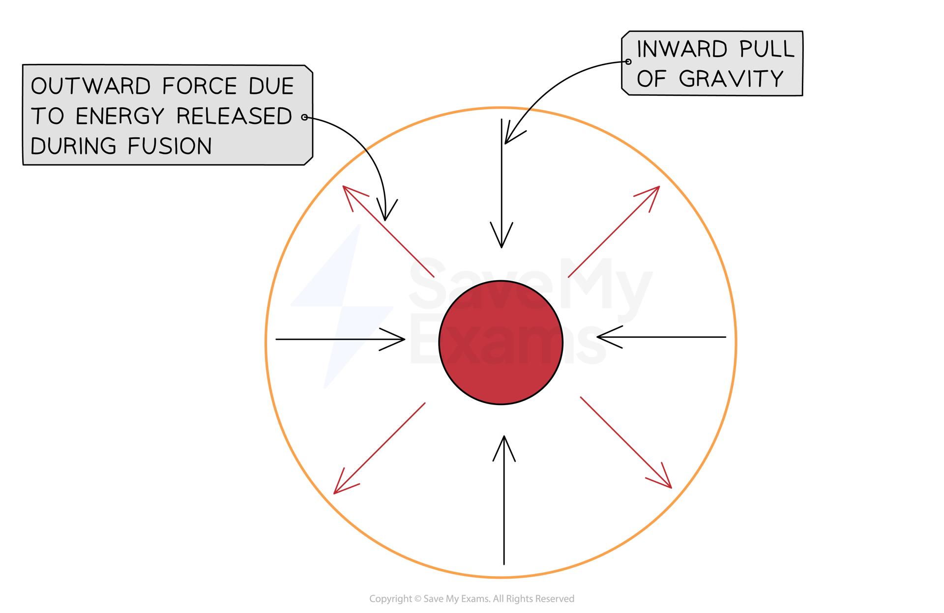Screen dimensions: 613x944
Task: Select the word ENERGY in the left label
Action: tap(119, 117)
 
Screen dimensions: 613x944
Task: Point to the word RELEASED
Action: tap(234, 117)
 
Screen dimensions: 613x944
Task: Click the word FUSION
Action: tap(170, 146)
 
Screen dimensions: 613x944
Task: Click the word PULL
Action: tap(767, 49)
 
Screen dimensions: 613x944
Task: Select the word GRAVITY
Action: tap(731, 79)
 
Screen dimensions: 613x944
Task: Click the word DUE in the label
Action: tap(271, 87)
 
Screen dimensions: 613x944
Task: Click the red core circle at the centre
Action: tap(501, 343)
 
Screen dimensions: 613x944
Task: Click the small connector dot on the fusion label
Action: tap(305, 117)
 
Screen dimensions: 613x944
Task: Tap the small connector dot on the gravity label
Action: tap(628, 62)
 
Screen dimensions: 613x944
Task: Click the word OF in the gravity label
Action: tap(651, 79)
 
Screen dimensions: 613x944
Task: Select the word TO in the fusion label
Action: tap(48, 117)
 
